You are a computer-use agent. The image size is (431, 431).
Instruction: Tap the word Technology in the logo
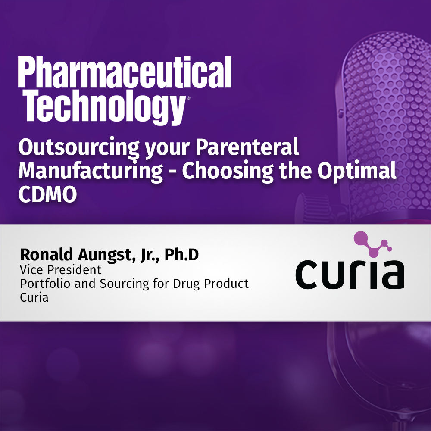[x=101, y=106]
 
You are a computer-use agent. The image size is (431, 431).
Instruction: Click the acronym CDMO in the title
[x=47, y=194]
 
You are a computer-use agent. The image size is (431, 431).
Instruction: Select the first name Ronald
[x=43, y=255]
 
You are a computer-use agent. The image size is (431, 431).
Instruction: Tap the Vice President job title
[x=60, y=270]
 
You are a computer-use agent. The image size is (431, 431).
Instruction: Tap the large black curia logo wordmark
[x=350, y=274]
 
